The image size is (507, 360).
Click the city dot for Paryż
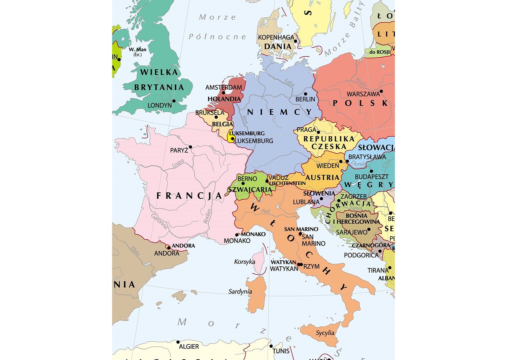coord(190,147)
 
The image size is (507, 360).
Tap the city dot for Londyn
coord(173,101)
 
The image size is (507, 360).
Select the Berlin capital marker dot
coord(305,94)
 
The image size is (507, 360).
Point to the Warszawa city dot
coord(381,91)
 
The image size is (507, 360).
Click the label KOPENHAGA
coord(276,37)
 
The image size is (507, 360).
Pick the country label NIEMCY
coord(280,112)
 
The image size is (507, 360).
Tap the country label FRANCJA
coord(189,196)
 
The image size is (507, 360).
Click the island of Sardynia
coord(256,295)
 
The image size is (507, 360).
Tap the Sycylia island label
coord(325,333)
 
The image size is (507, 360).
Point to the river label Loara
coord(178,163)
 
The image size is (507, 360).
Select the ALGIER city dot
coord(178,342)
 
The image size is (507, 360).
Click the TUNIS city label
coord(281,351)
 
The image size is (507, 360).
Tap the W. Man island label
coord(137,50)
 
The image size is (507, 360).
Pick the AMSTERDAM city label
coord(223,87)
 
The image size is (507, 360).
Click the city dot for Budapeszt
coord(371,171)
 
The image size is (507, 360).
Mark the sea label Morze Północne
coord(217,27)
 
